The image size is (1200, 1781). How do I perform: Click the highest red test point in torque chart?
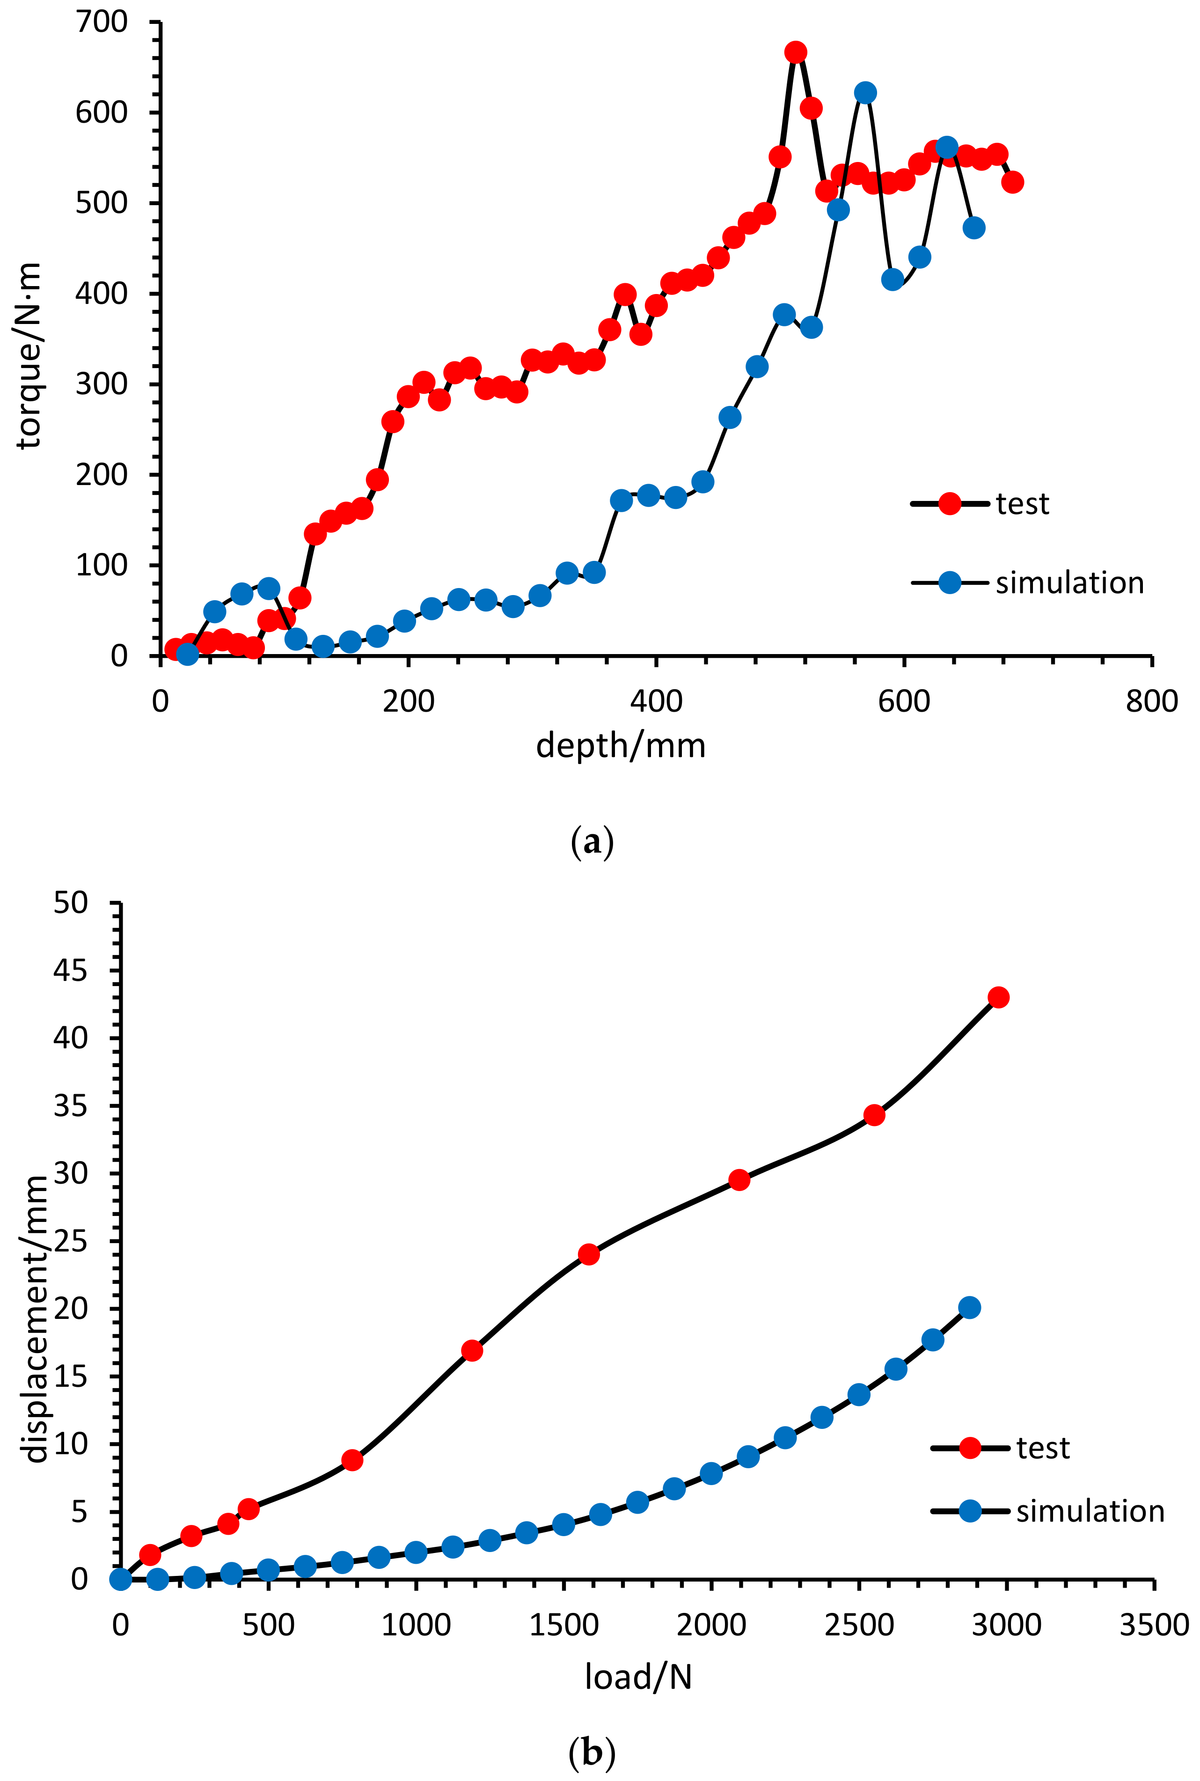pos(796,52)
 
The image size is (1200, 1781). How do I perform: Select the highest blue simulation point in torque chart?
pos(865,93)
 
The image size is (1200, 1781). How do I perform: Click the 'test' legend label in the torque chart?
pos(1023,504)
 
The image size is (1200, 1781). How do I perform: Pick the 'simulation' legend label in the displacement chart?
pos(1090,1512)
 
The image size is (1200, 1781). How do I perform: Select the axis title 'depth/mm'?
pos(621,745)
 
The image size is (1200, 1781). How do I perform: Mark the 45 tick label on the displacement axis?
pos(70,971)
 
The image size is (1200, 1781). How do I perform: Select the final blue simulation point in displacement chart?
pos(970,1307)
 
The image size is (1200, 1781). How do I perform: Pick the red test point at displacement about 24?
pos(588,1254)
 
